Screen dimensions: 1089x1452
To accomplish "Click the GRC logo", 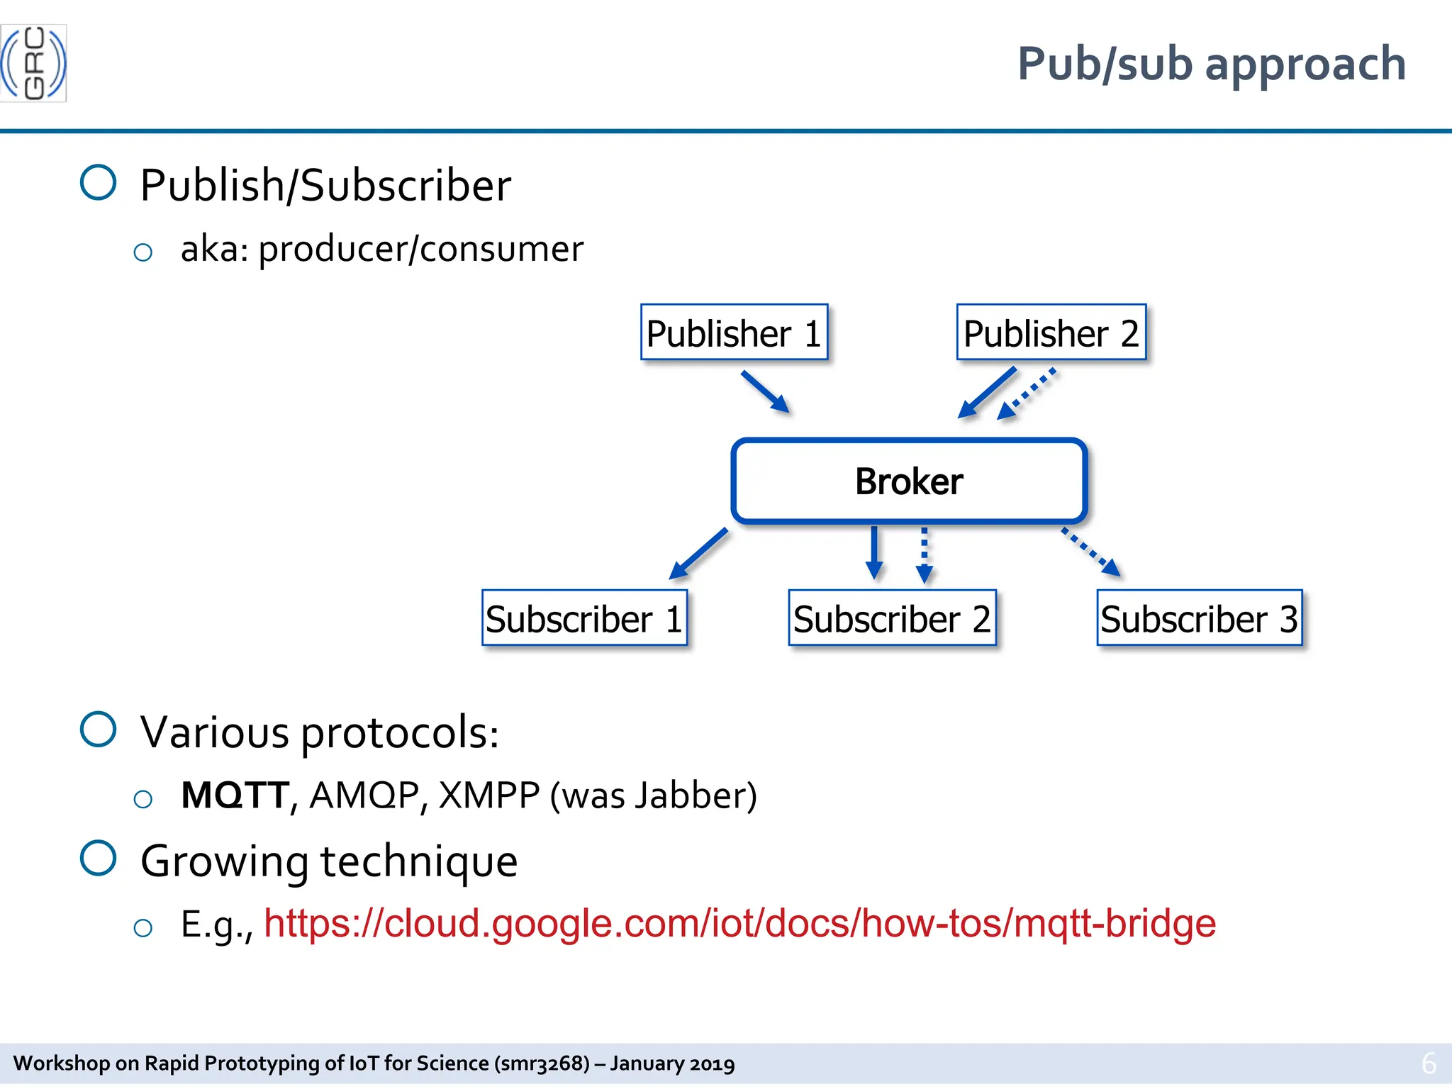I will tap(33, 63).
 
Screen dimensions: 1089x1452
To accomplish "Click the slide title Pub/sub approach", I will tap(1211, 64).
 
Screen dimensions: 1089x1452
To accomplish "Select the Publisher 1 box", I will tap(734, 333).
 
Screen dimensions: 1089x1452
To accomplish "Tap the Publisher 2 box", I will tap(1051, 333).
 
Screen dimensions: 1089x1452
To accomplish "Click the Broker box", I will tap(909, 481).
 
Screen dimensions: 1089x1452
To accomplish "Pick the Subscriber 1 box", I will tap(584, 618).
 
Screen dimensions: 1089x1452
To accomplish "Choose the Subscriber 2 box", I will tap(892, 618).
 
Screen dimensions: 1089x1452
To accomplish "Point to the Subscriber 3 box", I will tap(1199, 618).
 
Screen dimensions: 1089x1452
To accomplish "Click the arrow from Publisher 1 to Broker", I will tap(765, 391).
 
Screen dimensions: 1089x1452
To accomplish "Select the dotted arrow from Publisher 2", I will tap(1027, 393).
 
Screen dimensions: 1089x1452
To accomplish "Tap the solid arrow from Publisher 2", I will tap(987, 392).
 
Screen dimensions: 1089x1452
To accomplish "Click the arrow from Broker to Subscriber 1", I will tap(698, 553).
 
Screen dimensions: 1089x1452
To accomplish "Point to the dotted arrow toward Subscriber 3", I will tap(1090, 552).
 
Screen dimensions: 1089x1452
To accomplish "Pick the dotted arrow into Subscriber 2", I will tap(924, 554).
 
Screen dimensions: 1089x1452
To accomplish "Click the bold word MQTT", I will tap(235, 795).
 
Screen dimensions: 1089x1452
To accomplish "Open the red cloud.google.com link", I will tap(739, 923).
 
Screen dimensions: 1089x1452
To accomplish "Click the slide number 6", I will tap(1429, 1063).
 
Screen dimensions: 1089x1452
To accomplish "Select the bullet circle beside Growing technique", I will tap(99, 858).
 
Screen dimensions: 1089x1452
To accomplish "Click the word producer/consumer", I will tap(420, 249).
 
